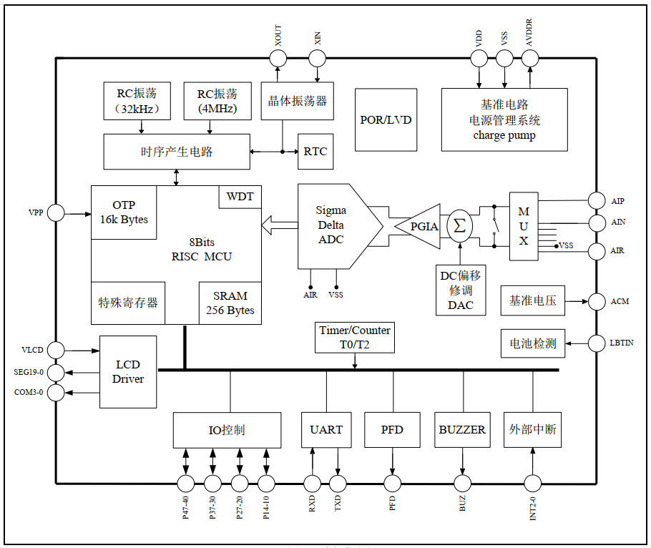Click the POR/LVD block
[x=386, y=119]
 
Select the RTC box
[x=315, y=151]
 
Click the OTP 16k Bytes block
[x=124, y=212]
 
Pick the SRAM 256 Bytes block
[x=230, y=303]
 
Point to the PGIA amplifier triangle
[x=422, y=226]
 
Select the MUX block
[x=524, y=226]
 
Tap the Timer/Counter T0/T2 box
[x=356, y=337]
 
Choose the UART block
[x=326, y=430]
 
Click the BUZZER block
[x=462, y=430]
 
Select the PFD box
[x=392, y=430]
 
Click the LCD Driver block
[x=128, y=372]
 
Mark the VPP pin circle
[x=56, y=212]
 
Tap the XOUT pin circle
[x=278, y=59]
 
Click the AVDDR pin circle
[x=529, y=59]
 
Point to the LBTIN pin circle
[x=596, y=344]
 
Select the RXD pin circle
[x=312, y=483]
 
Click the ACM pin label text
[x=620, y=301]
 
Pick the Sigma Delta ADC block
[x=333, y=225]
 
